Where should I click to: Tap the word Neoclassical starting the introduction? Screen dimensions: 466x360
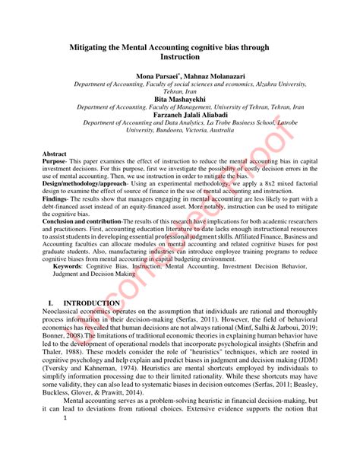tap(65, 312)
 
